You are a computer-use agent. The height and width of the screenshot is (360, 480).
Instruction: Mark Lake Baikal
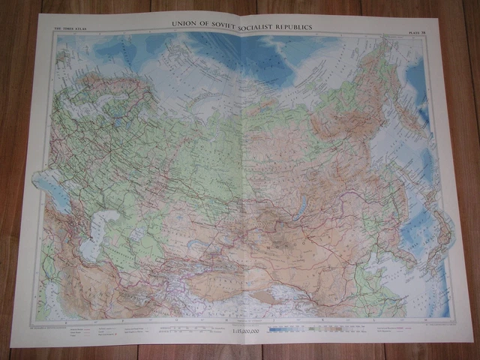(x=301, y=207)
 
